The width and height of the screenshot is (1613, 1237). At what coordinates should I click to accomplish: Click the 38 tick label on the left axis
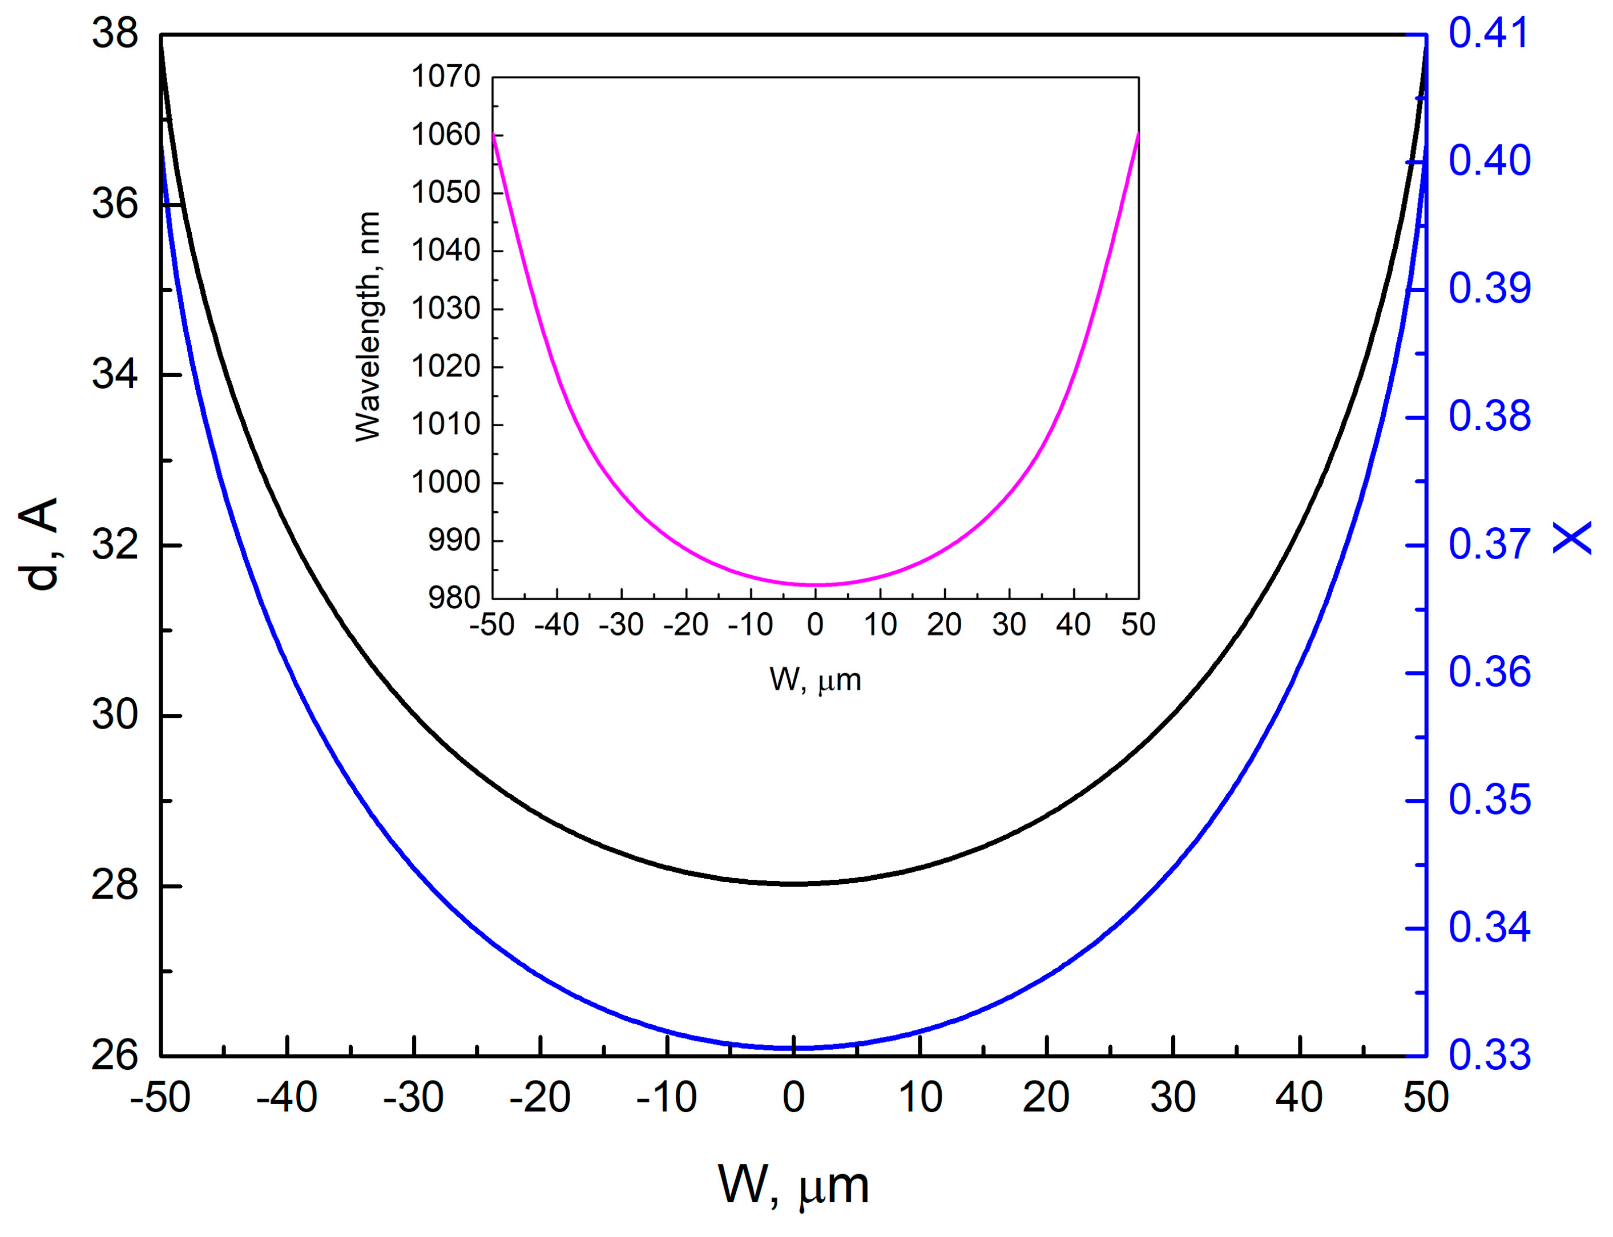tap(115, 35)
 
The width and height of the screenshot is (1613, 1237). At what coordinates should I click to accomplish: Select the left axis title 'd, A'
tap(40, 544)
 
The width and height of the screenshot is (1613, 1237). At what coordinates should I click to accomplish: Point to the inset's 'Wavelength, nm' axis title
tap(368, 326)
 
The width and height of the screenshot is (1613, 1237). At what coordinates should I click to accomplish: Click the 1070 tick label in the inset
tap(446, 76)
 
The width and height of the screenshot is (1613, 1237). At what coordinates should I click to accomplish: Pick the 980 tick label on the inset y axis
tap(454, 598)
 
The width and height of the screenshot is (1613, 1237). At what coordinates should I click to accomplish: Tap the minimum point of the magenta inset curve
tap(814, 585)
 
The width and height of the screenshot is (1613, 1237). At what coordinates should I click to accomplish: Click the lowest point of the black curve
tap(794, 884)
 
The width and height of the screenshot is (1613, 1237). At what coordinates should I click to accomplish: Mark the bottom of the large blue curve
tap(794, 1048)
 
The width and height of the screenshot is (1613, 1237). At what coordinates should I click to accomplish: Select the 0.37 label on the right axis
tap(1489, 545)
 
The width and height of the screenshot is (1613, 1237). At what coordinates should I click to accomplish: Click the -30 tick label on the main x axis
tap(413, 1098)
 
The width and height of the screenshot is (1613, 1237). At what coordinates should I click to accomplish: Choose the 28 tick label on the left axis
tap(115, 885)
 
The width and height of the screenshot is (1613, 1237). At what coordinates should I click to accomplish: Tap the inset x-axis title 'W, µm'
tap(814, 680)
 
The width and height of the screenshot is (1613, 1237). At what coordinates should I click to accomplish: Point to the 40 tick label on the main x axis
tap(1299, 1098)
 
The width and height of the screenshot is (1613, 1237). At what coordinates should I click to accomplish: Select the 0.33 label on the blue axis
tap(1489, 1055)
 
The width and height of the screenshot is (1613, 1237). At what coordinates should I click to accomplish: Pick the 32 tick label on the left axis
tap(115, 545)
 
